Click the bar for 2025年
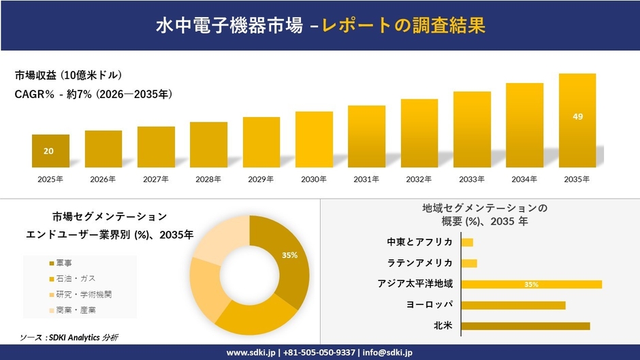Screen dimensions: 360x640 click(50, 151)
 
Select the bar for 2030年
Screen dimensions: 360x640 click(314, 140)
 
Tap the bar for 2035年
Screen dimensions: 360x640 click(577, 120)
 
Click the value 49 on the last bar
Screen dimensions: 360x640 click(577, 116)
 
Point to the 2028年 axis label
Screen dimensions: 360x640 click(208, 179)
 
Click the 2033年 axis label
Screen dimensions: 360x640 click(472, 179)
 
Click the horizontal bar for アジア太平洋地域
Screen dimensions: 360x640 click(531, 284)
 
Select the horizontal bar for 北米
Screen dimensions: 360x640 click(525, 326)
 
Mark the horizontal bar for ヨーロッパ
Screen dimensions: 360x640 click(513, 305)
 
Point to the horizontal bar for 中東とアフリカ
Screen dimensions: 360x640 click(467, 242)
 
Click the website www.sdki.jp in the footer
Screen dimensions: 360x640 click(251, 353)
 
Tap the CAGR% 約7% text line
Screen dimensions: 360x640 click(93, 95)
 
